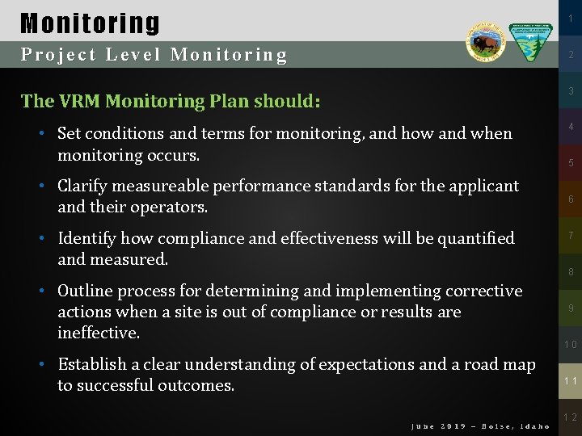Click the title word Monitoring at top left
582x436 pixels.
click(x=90, y=22)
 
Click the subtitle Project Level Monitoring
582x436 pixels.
click(x=154, y=55)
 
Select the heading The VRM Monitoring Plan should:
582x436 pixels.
click(x=171, y=101)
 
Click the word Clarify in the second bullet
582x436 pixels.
click(x=83, y=186)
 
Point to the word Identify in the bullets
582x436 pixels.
click(x=87, y=238)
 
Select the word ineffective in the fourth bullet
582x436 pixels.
click(x=98, y=333)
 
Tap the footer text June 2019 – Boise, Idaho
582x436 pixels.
click(x=480, y=426)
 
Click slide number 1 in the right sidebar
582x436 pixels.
click(x=570, y=16)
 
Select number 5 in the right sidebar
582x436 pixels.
click(x=570, y=163)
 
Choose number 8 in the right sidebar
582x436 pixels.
click(x=570, y=272)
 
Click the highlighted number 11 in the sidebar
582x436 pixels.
click(x=570, y=381)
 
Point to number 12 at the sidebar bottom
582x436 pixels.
click(x=570, y=417)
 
